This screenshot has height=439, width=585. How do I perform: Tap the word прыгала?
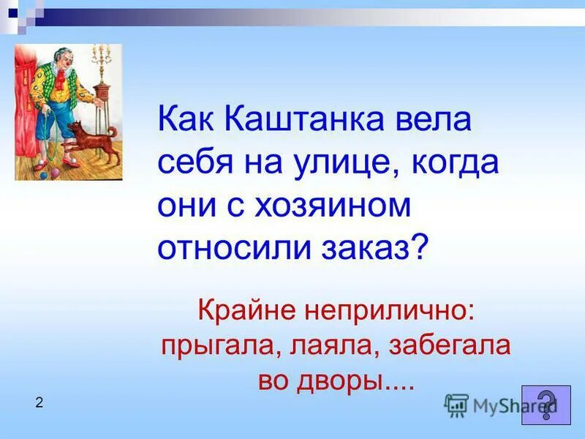point(216,345)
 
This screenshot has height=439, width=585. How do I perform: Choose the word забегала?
point(446,345)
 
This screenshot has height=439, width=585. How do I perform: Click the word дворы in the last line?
point(350,380)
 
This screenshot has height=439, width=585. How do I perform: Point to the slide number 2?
point(39,402)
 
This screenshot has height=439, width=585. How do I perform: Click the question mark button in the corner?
point(546,405)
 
